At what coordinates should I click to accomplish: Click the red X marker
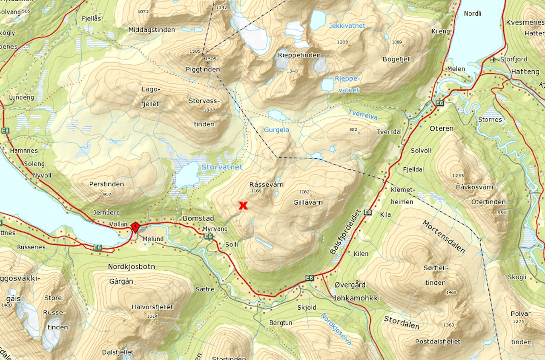[243, 206]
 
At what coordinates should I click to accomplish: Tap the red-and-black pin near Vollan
[135, 227]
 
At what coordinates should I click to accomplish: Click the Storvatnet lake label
[222, 167]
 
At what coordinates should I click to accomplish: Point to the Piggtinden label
[203, 69]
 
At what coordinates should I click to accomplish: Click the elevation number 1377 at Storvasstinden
[209, 110]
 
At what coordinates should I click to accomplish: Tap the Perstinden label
[106, 184]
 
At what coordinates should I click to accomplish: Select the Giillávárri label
[308, 203]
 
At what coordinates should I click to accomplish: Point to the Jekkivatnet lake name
[347, 26]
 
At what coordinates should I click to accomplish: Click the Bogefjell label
[396, 59]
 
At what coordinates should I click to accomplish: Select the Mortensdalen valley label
[444, 237]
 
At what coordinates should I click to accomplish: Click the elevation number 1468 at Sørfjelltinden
[451, 292]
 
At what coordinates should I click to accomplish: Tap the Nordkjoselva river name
[336, 329]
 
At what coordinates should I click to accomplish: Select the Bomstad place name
[198, 218]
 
